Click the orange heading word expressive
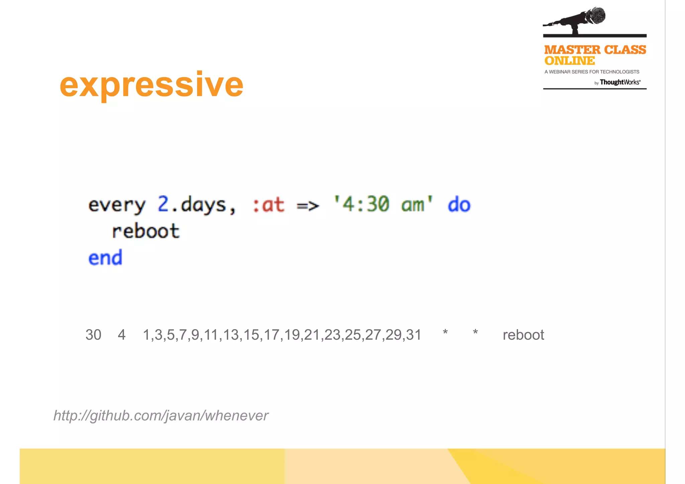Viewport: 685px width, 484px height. (x=151, y=85)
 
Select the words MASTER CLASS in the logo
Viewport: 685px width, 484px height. (x=595, y=50)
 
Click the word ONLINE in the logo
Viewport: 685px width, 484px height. (x=569, y=61)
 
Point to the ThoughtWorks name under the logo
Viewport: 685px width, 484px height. (x=620, y=82)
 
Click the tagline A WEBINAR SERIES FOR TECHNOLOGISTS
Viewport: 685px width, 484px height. (x=592, y=72)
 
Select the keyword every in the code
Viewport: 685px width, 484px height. (x=117, y=205)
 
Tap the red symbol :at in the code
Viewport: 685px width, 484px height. (x=269, y=205)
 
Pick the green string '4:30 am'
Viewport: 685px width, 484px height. (x=383, y=204)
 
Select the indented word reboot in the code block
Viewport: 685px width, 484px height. (x=146, y=231)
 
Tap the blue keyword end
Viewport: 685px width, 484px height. (x=105, y=258)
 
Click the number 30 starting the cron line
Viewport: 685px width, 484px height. (x=93, y=335)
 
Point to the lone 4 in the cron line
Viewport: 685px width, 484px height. (x=122, y=335)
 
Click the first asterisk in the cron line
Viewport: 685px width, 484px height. (x=445, y=333)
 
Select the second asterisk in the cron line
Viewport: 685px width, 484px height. (x=475, y=333)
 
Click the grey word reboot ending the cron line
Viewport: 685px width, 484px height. (x=523, y=335)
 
